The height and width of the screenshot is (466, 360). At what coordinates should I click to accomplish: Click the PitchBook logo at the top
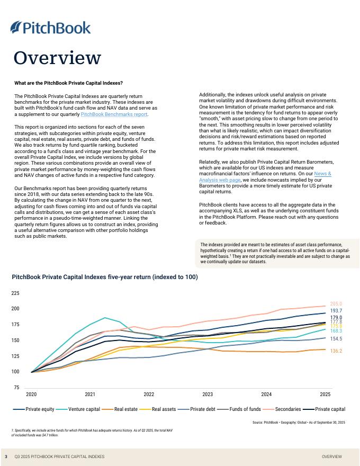(x=50, y=28)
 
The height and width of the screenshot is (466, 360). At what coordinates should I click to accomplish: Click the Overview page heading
(x=57, y=58)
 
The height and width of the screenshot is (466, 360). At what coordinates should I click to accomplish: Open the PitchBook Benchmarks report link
(x=114, y=114)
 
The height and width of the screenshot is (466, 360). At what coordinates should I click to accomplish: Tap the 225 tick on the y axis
(x=15, y=293)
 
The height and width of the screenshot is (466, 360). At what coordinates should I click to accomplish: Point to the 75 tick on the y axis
(x=16, y=388)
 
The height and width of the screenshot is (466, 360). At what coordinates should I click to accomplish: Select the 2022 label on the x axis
(x=149, y=395)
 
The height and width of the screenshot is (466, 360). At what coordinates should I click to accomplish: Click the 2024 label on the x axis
(x=266, y=395)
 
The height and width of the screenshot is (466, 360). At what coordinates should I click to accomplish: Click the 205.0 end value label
(x=336, y=304)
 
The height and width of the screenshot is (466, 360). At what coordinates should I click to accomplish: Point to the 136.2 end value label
(x=336, y=351)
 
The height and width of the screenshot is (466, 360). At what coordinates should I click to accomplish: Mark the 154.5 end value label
(x=336, y=338)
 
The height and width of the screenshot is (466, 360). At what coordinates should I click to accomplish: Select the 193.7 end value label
(x=336, y=311)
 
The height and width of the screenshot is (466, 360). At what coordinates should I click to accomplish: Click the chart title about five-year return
(x=104, y=277)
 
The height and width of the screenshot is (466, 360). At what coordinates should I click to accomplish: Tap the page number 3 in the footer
(x=6, y=456)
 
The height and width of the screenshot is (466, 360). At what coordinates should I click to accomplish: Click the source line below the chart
(x=299, y=422)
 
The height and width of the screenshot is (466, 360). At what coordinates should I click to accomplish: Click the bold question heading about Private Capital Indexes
(x=68, y=83)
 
